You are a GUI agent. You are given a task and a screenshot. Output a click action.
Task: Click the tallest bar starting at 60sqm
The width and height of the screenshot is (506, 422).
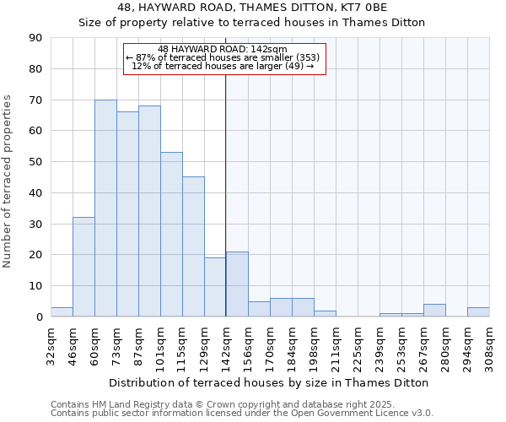coord(105,208)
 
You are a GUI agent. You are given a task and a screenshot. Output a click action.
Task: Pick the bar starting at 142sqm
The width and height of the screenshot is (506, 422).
coord(237,284)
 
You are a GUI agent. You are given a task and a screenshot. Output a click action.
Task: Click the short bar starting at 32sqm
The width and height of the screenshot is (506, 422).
coord(62,312)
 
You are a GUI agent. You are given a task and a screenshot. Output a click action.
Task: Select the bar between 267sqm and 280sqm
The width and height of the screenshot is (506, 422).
coord(434,311)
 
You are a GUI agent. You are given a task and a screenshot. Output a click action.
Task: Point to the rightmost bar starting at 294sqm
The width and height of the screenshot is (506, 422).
coord(478,312)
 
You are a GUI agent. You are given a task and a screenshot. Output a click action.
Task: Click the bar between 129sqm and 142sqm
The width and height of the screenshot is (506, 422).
coord(215,287)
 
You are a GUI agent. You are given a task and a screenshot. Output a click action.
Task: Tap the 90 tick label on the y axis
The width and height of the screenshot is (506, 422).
coord(35,38)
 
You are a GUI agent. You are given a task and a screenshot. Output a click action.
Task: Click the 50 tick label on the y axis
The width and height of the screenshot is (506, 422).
coord(35,162)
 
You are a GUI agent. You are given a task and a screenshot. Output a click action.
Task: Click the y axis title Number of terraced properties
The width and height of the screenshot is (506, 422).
coord(8,181)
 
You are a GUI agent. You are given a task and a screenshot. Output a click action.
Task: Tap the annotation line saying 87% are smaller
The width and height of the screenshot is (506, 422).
coord(224,57)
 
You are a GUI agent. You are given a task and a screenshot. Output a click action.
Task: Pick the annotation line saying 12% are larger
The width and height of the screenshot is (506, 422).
coord(224,66)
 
